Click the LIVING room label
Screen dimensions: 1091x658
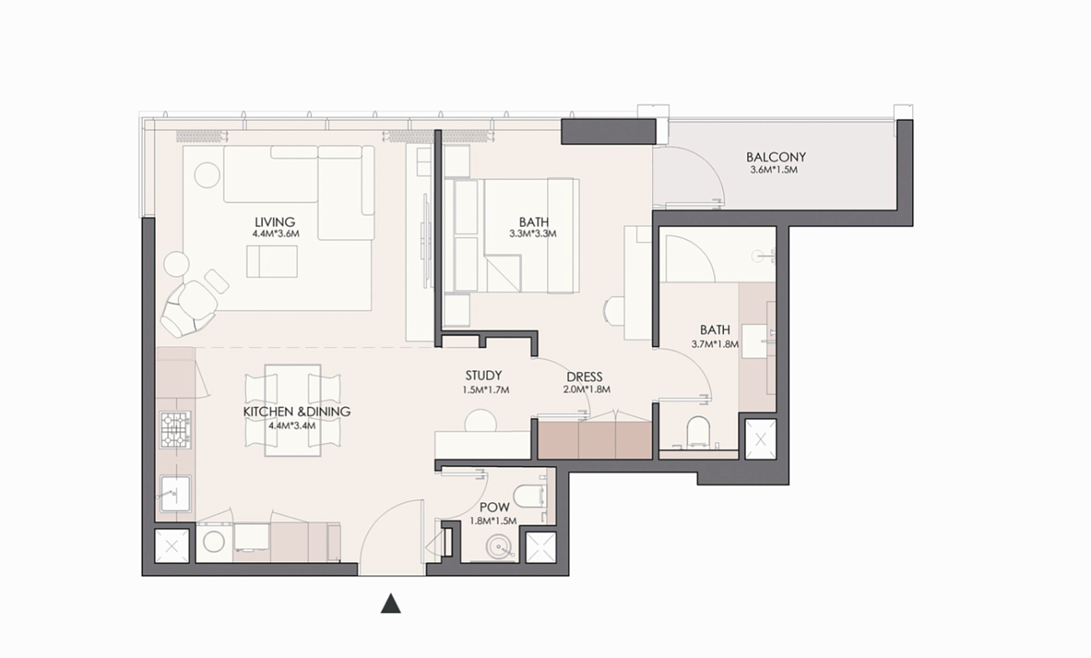pos(274,222)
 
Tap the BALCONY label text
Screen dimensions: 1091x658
pos(776,157)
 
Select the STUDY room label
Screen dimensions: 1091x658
pos(483,375)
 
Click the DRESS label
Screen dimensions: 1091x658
pos(585,376)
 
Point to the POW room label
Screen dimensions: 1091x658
pos(495,508)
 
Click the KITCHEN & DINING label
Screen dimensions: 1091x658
pos(297,411)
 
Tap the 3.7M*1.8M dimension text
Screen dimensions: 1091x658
pos(715,344)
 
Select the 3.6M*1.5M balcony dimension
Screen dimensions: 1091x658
pos(774,170)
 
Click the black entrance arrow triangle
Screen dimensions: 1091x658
pos(390,603)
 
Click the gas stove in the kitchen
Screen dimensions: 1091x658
pos(176,430)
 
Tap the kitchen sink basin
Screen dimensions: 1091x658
pos(176,493)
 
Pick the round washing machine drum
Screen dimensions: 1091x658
pos(214,541)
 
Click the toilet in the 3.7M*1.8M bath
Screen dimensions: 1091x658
pos(699,431)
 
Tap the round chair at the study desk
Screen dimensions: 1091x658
pos(480,421)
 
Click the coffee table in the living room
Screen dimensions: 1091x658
pos(272,262)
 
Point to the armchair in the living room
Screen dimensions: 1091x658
pos(189,308)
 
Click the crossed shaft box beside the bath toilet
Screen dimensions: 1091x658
pos(761,440)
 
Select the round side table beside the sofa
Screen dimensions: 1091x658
pos(207,175)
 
